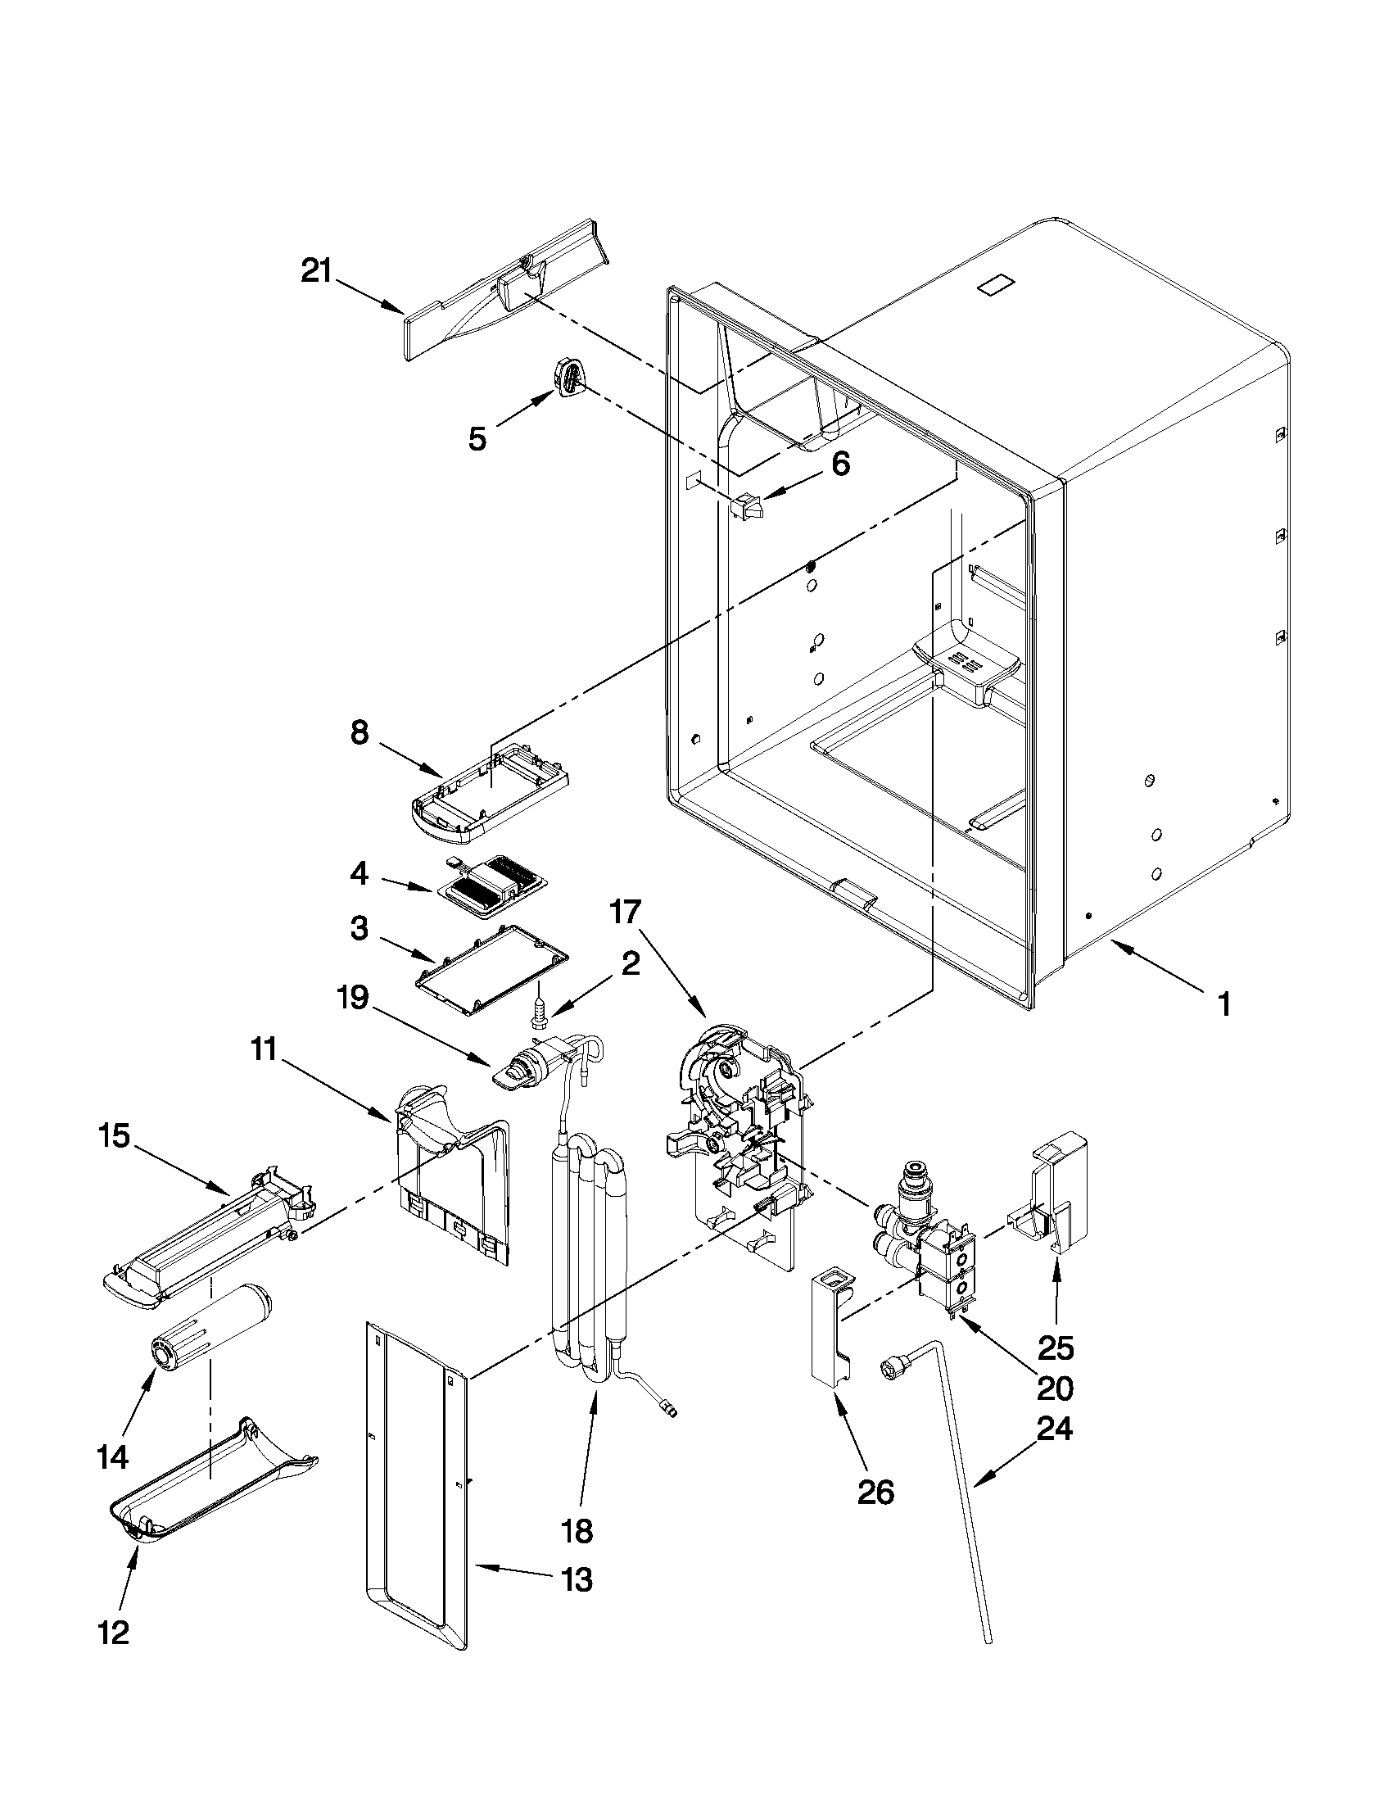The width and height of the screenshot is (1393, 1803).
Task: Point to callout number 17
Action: click(x=625, y=913)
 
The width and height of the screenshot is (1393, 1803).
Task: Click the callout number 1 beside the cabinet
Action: click(x=1223, y=1004)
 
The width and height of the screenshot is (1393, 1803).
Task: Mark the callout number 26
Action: click(x=875, y=1492)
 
